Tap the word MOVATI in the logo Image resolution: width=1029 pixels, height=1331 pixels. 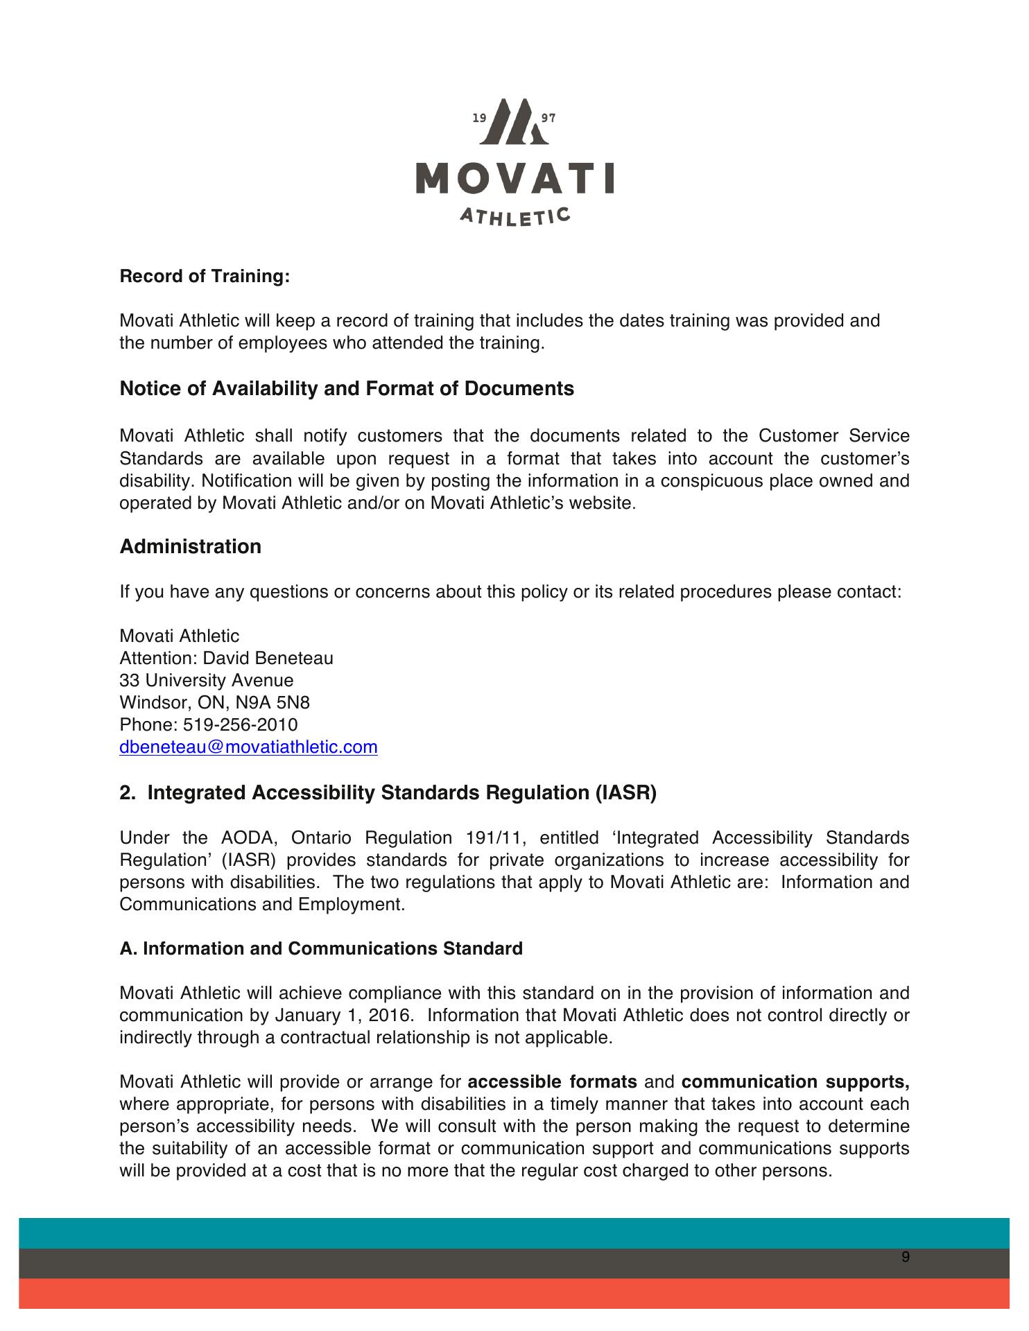[x=514, y=178]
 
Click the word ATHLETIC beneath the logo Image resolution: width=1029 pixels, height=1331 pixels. [x=514, y=216]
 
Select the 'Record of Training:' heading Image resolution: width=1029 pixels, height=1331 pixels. [x=205, y=277]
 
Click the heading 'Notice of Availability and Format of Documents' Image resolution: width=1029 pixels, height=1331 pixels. [x=347, y=389]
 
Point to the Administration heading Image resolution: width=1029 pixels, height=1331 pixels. [x=191, y=547]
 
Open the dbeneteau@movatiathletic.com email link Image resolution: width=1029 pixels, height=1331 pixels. [x=248, y=747]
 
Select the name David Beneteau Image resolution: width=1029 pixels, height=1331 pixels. [x=268, y=659]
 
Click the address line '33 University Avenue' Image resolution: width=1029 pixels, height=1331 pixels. [x=207, y=681]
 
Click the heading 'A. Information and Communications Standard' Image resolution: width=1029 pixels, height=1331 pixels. [x=321, y=949]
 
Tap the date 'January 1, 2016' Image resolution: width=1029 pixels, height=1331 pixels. [x=344, y=1016]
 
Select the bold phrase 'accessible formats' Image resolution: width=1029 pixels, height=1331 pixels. [x=553, y=1082]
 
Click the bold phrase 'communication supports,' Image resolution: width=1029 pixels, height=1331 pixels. [x=795, y=1082]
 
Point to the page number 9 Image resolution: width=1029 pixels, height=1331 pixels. [x=905, y=1258]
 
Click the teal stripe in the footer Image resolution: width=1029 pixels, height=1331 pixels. [x=514, y=1233]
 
